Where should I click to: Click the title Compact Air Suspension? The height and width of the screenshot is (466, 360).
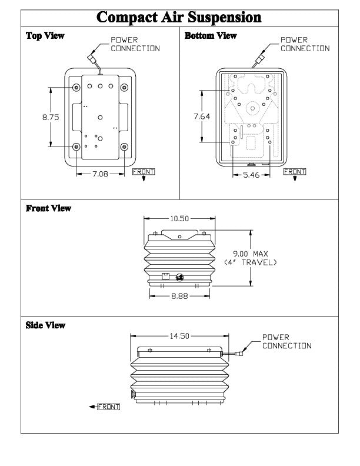179,17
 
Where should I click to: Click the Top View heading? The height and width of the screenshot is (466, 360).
45,36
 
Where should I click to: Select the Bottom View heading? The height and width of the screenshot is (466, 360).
211,36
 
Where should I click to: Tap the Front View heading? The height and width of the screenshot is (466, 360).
48,208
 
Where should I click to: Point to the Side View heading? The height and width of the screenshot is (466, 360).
45,325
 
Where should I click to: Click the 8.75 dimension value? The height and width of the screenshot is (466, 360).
51,117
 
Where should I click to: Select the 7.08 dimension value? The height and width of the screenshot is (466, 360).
100,174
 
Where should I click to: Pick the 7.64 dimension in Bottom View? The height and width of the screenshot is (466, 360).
202,116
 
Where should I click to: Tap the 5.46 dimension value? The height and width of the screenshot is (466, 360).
251,175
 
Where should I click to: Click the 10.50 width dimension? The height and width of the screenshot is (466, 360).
179,219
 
